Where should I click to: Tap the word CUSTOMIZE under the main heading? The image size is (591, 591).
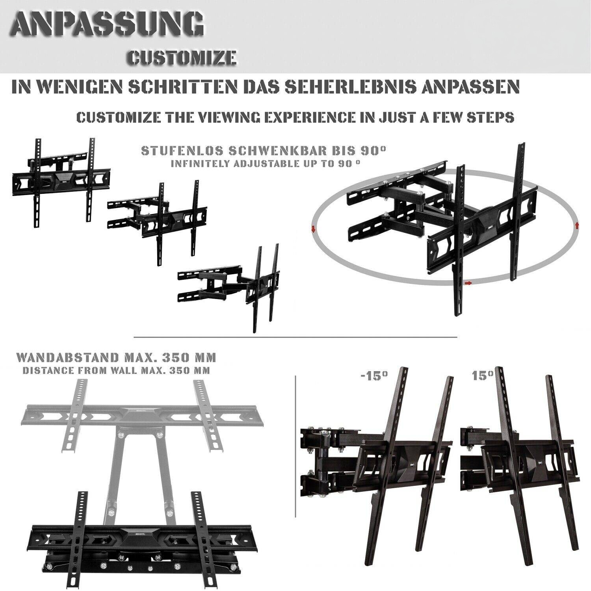(182, 57)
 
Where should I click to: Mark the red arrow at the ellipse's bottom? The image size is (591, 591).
(468, 283)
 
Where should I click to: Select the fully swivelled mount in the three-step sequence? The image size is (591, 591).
(229, 287)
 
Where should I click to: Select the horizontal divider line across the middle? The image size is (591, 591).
(295, 337)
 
